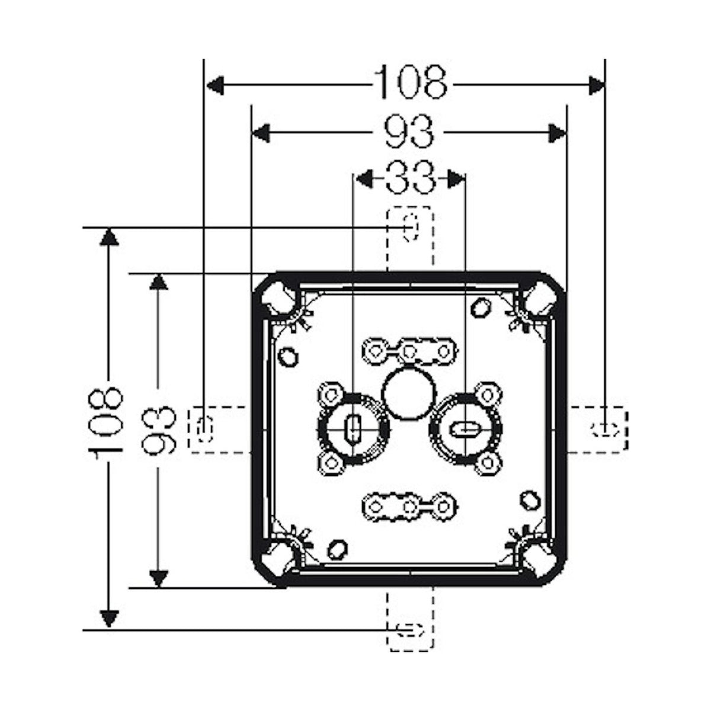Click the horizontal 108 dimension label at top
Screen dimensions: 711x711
[x=410, y=82]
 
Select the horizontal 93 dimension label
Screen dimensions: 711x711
[x=409, y=132]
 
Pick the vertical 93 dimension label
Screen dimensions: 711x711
[x=159, y=430]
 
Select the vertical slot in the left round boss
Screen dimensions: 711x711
[x=353, y=430]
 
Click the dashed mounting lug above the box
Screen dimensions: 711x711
[x=409, y=239]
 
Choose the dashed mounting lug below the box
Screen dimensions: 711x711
[x=409, y=620]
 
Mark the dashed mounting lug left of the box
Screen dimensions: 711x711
[x=219, y=429]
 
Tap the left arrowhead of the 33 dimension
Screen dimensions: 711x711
[x=364, y=178]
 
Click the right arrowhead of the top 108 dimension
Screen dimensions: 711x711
[x=596, y=85]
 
